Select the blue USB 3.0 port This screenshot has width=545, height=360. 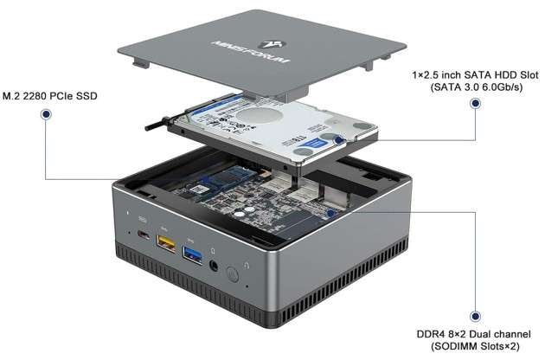click(190, 254)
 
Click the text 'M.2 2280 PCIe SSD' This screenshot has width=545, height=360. click(51, 94)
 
